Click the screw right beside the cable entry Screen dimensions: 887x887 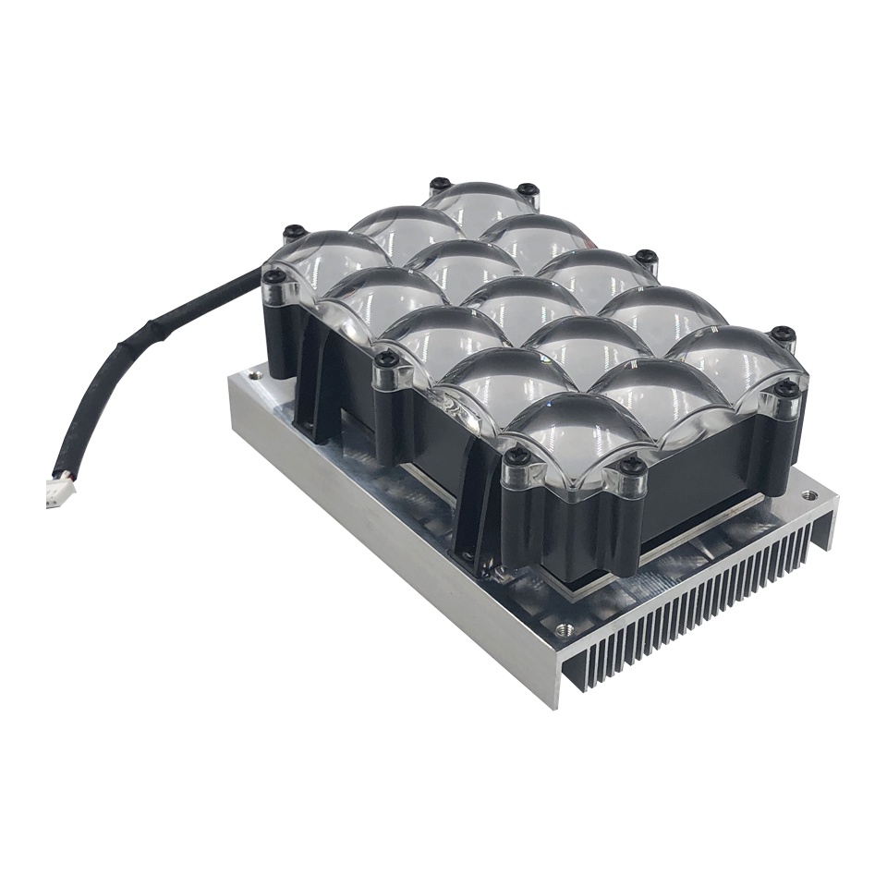pos(273,276)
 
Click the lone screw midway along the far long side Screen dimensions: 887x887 pos(646,257)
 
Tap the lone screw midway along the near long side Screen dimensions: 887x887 pos(388,359)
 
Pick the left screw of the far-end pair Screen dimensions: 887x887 pos(441,184)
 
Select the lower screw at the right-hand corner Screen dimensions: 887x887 pos(788,390)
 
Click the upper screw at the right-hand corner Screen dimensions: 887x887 pos(783,333)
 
